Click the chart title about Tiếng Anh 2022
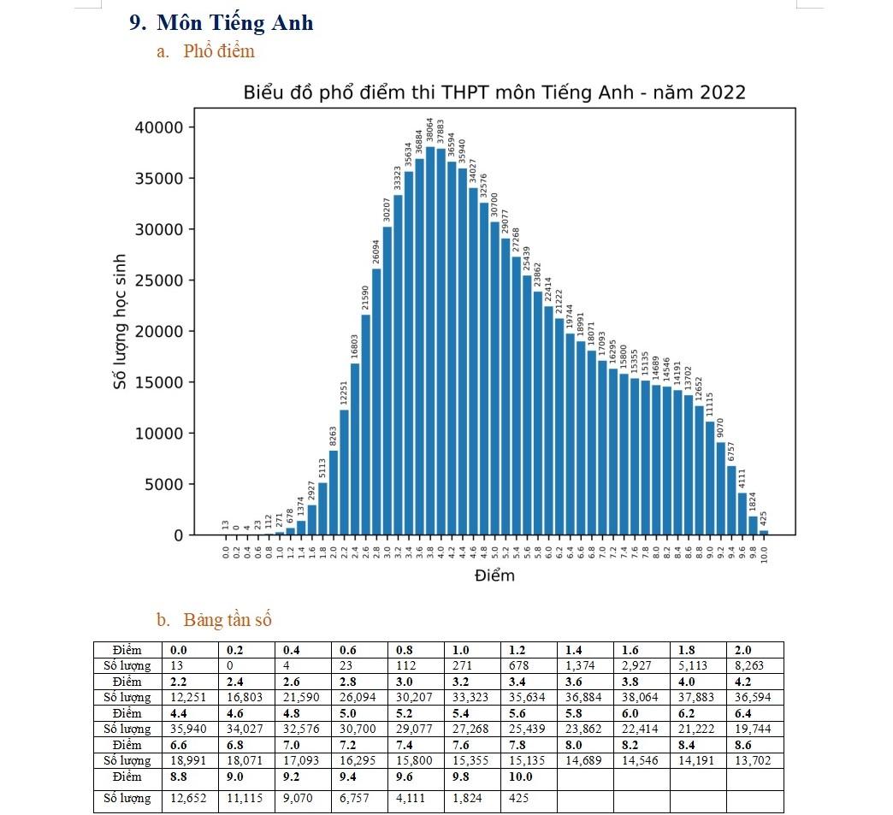click(x=494, y=92)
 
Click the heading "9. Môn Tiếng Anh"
click(x=222, y=23)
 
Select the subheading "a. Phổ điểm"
click(x=206, y=51)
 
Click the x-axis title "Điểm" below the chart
click(x=494, y=576)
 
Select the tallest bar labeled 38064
click(x=430, y=342)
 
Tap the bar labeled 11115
click(x=710, y=478)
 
